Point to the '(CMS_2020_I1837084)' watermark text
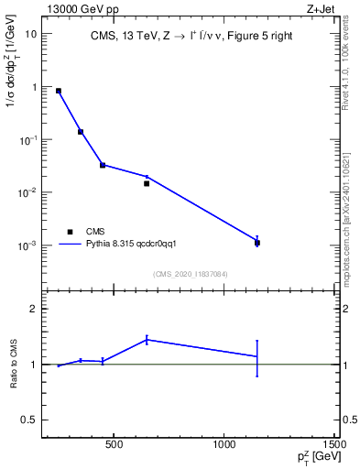[x=191, y=274]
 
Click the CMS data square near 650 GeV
[x=147, y=183]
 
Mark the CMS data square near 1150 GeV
[x=257, y=243]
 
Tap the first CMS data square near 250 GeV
[x=59, y=91]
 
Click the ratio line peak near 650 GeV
[x=147, y=339]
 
